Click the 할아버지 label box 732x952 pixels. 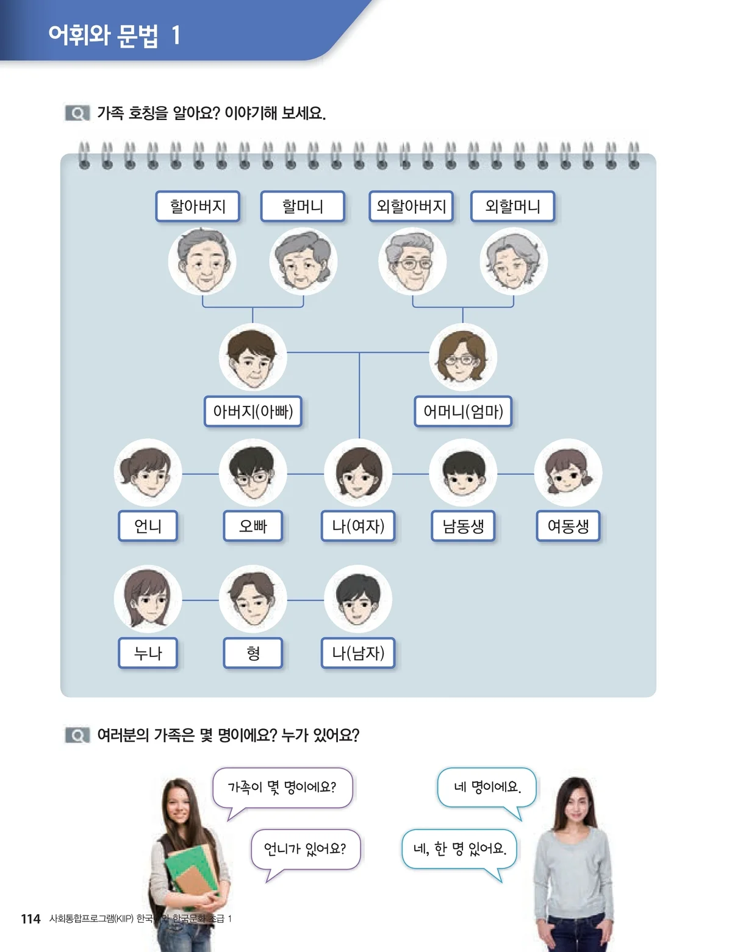tap(198, 207)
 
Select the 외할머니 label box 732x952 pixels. tap(512, 207)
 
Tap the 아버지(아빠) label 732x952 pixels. tap(253, 411)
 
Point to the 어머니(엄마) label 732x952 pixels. tap(463, 411)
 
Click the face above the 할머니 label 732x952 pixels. tap(303, 261)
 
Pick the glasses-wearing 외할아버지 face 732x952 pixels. tap(412, 261)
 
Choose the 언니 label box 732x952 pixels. tap(148, 526)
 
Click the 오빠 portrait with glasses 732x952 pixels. tap(253, 473)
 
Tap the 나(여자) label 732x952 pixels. tap(358, 526)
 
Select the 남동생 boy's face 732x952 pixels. tap(463, 473)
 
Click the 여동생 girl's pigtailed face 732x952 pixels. tap(568, 473)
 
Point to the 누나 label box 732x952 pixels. tap(148, 653)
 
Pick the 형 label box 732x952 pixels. tap(253, 653)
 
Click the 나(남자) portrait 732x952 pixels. tap(358, 599)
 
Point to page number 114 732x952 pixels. tap(30, 918)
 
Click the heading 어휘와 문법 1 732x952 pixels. tap(115, 35)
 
